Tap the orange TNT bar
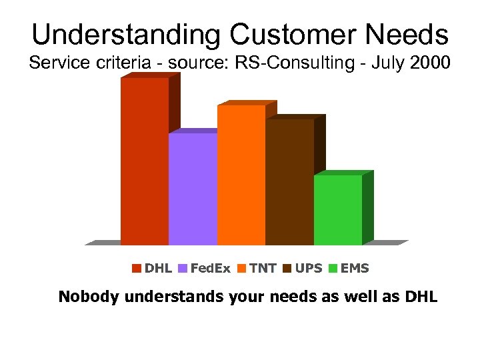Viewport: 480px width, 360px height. [241, 175]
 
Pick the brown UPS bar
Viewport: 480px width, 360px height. [289, 181]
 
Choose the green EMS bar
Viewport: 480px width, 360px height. [337, 209]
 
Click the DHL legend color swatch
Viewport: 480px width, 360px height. [137, 269]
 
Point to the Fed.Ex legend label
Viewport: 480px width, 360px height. [210, 269]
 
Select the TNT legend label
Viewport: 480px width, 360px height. [263, 269]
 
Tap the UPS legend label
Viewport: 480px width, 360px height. [309, 269]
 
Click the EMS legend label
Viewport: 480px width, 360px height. [355, 269]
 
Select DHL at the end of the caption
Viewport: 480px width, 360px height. [421, 297]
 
